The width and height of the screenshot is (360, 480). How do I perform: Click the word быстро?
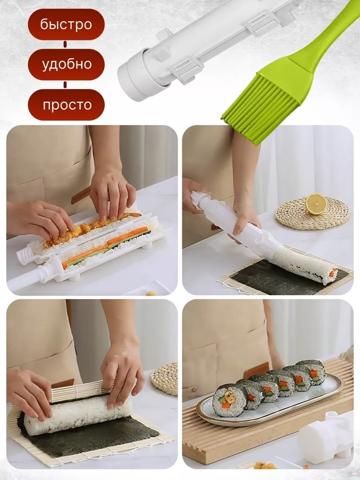(66, 24)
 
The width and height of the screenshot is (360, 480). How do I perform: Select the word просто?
(67, 105)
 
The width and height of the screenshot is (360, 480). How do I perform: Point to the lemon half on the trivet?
(316, 204)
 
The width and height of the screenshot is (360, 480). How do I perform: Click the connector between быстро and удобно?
(65, 44)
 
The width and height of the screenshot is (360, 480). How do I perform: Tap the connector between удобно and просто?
(65, 85)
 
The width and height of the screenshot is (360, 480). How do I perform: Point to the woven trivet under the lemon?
(312, 213)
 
